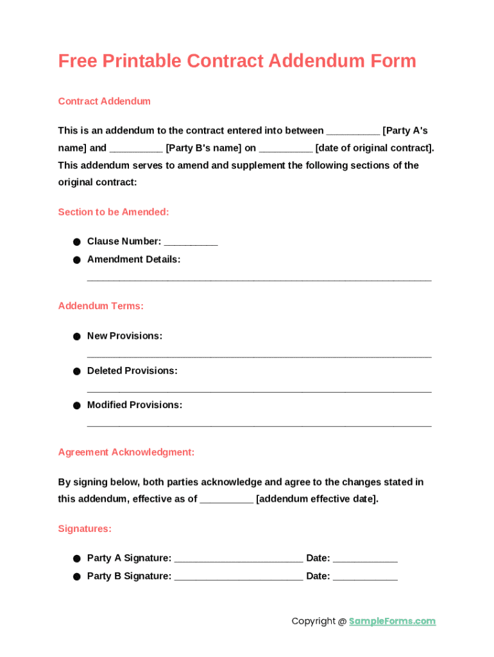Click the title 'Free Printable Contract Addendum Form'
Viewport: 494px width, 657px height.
237,61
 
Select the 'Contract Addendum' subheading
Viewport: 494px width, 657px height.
104,101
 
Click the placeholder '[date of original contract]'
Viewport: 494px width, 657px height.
375,148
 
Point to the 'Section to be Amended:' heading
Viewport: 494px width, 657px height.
114,212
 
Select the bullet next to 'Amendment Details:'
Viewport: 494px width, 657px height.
76,260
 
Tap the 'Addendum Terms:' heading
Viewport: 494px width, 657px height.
101,306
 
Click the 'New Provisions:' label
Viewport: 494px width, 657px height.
124,336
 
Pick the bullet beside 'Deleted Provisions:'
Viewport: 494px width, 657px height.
76,371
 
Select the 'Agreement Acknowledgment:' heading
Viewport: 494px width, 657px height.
126,452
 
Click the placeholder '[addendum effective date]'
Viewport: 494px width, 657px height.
317,499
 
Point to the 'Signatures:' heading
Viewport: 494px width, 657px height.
85,529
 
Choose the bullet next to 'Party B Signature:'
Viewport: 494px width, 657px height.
76,577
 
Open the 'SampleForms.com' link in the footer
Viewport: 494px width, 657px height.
392,621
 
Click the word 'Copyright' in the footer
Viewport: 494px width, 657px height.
313,621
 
